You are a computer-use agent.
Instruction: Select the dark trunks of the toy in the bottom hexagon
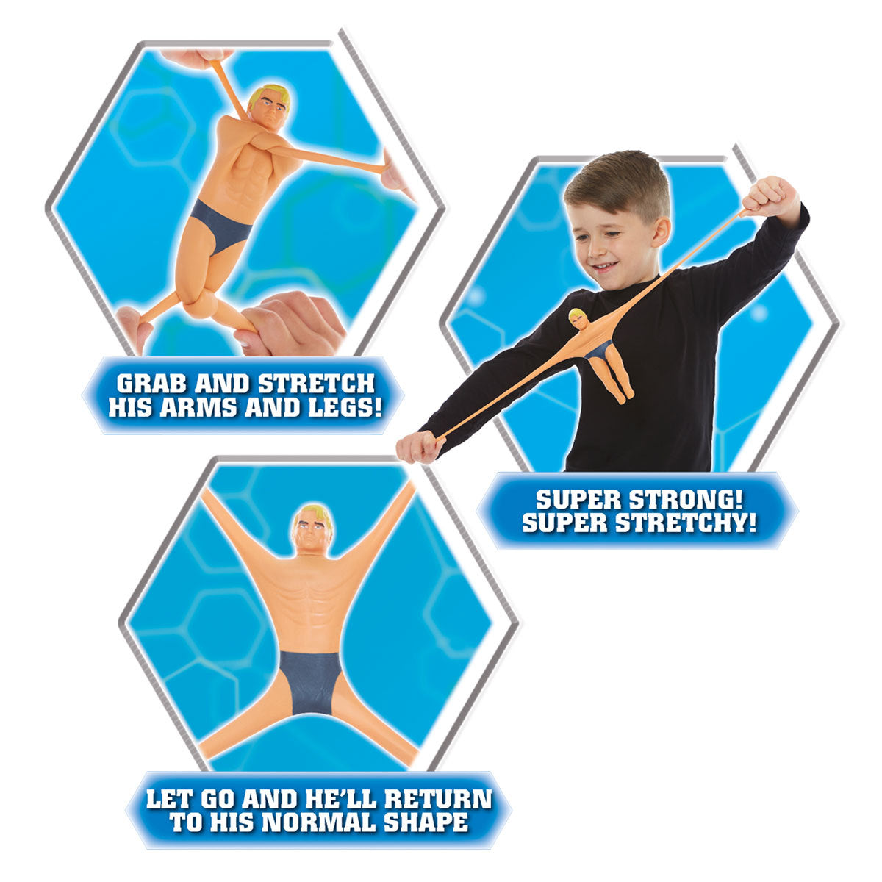311,680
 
